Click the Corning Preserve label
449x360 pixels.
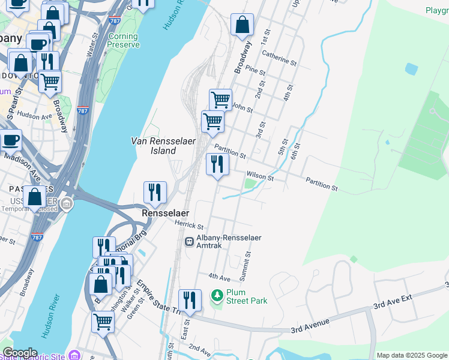click(124, 40)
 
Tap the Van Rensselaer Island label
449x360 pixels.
click(155, 146)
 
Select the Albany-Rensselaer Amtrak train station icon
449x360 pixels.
click(188, 241)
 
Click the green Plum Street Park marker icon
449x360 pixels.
click(217, 296)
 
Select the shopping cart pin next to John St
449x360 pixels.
click(220, 100)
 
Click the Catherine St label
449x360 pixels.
click(279, 58)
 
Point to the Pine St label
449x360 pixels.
click(255, 71)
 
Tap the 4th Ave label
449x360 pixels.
click(219, 277)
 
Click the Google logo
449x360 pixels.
click(20, 353)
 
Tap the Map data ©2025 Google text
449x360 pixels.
click(412, 355)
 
